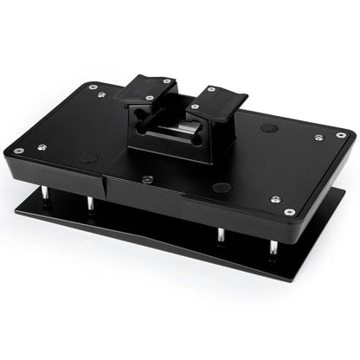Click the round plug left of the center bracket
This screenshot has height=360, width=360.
89,158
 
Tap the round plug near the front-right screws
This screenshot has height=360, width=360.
223,187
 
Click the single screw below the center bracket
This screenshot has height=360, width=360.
147,179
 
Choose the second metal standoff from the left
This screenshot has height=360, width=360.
90,203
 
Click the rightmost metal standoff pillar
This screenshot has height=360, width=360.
273,246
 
